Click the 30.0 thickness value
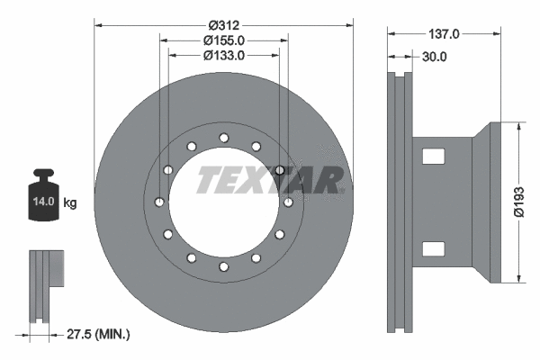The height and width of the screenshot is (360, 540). (434, 57)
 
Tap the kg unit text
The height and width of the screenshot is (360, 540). (70, 202)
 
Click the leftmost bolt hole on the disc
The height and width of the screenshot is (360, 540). (159, 202)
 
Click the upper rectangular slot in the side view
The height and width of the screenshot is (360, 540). (434, 157)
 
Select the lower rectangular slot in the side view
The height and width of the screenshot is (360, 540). (434, 249)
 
